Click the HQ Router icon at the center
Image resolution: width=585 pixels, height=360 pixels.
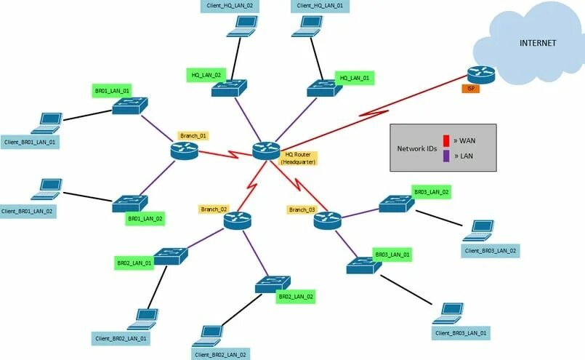(x=266, y=151)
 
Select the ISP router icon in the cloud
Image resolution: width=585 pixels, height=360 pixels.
(x=480, y=73)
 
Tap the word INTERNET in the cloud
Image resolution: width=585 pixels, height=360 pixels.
(x=538, y=43)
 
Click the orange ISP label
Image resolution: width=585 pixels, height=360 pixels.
(x=471, y=89)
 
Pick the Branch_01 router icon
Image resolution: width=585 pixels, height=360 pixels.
(x=185, y=151)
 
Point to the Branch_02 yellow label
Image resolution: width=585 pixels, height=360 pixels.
(x=214, y=209)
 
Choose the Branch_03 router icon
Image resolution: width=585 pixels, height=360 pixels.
(x=327, y=220)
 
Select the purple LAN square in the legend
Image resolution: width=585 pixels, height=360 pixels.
(x=446, y=155)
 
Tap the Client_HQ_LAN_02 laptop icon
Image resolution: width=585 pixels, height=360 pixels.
(x=242, y=25)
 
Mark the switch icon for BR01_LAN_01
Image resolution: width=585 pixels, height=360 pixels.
(x=129, y=106)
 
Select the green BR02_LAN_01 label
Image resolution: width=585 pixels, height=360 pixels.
(x=134, y=263)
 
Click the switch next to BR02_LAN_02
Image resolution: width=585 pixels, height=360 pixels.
(x=273, y=284)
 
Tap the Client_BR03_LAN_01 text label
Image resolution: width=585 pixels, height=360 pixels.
(x=461, y=333)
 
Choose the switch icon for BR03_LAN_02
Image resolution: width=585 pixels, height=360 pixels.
(x=396, y=204)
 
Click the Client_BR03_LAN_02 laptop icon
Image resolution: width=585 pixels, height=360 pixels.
(x=480, y=231)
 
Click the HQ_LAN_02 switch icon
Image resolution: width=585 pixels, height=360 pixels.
(x=229, y=89)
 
